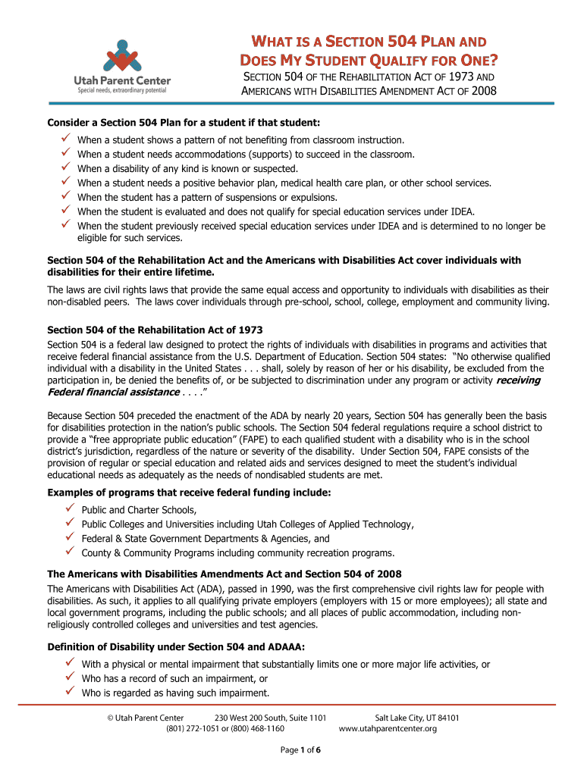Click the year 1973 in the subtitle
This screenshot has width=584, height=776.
pos(462,77)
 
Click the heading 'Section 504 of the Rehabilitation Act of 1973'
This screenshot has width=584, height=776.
pos(155,330)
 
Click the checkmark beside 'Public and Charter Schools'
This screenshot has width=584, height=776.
pos(67,508)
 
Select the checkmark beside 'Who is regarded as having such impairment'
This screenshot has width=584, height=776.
pos(67,691)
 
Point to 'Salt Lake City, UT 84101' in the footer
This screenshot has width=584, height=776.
pos(417,718)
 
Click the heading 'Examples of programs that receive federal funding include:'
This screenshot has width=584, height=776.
pos(189,493)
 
